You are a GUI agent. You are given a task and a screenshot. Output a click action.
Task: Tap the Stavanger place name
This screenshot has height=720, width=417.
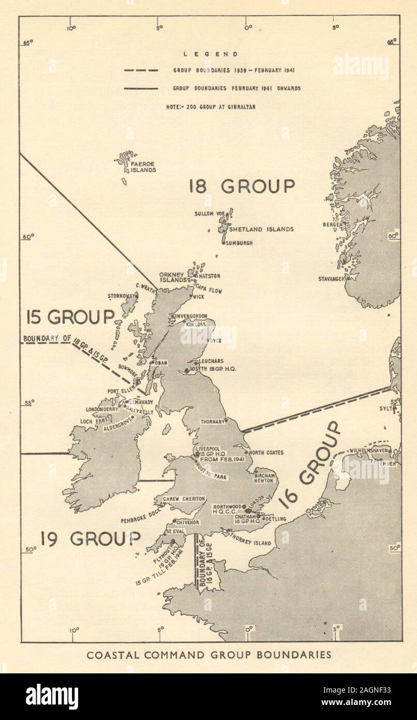(331, 279)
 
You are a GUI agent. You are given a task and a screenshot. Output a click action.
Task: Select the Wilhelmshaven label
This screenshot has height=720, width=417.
(369, 451)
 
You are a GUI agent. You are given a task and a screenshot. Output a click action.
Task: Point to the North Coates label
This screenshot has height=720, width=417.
(266, 453)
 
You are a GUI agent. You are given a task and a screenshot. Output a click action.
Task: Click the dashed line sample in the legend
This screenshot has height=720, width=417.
(141, 70)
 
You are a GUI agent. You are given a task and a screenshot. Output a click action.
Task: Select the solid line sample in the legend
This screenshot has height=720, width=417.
(141, 89)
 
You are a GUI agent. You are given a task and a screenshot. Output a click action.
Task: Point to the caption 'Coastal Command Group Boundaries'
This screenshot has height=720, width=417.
(209, 655)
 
